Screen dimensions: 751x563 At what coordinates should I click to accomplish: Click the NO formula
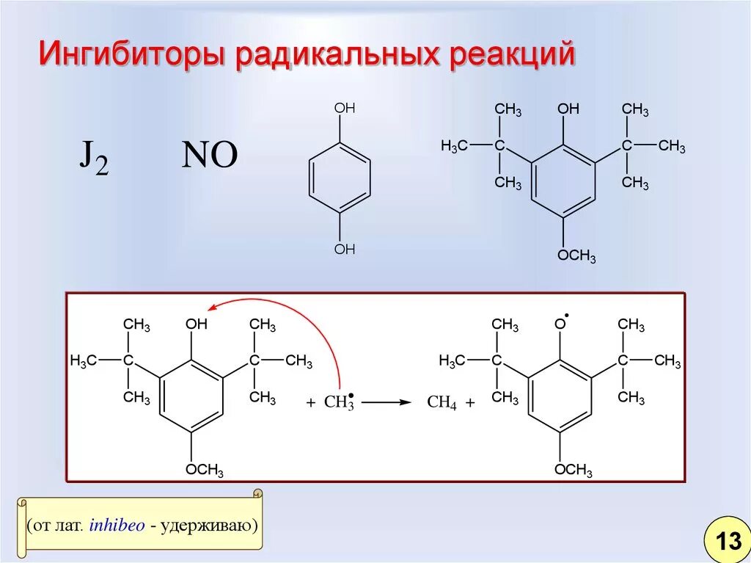tap(209, 156)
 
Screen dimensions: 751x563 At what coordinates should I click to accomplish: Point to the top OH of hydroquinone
tap(344, 109)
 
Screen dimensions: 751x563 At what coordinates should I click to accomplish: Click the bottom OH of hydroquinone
tap(344, 250)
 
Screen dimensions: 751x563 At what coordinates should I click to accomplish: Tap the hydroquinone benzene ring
tap(340, 179)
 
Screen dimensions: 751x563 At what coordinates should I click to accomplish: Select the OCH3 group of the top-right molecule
tap(576, 256)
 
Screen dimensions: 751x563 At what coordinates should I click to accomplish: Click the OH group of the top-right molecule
tap(568, 109)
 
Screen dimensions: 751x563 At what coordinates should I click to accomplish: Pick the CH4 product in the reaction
tap(442, 403)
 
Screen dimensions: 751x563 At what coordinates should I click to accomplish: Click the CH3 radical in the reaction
tap(339, 402)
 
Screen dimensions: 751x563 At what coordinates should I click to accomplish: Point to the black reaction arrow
tap(385, 402)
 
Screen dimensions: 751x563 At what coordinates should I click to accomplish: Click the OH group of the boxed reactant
tap(197, 324)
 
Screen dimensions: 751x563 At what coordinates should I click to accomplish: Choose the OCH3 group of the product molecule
tap(573, 471)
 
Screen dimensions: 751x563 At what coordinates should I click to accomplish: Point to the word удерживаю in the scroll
tap(209, 526)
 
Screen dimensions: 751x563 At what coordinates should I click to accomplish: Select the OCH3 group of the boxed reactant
tap(204, 471)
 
